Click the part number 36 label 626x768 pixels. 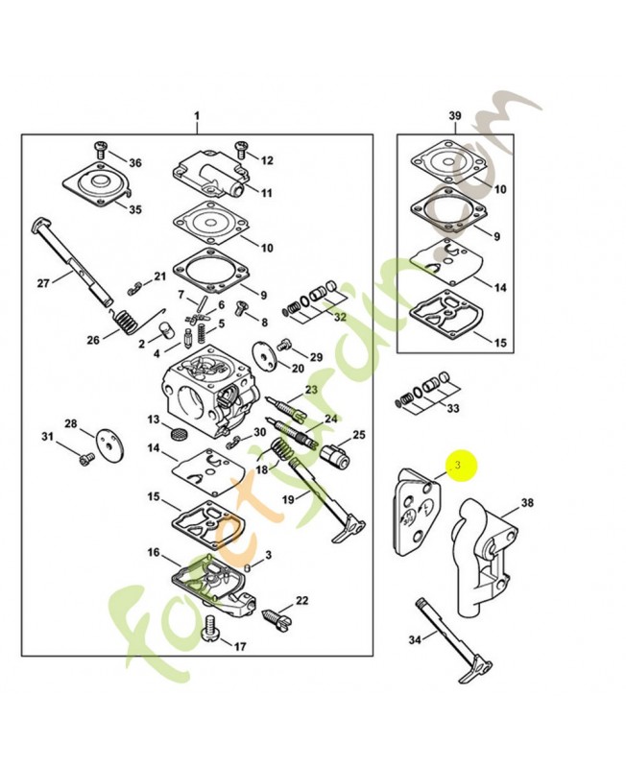coord(134,163)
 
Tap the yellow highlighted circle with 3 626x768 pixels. coord(459,466)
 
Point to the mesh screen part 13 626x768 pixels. coord(176,435)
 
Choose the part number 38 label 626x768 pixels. coord(527,502)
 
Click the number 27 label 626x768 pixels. coord(42,282)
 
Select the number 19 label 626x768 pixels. coord(289,499)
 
